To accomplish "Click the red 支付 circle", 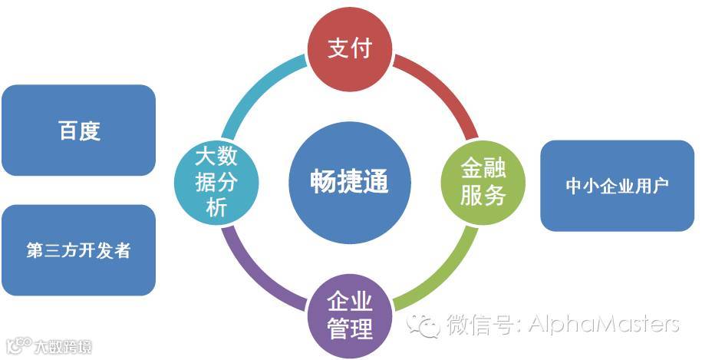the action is tap(350, 48).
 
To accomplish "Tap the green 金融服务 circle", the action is tap(483, 181).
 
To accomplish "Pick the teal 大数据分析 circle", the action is tap(216, 181).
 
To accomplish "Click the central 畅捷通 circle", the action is tap(350, 181).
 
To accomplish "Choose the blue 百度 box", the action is tap(79, 130).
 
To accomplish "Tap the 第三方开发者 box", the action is tap(79, 250).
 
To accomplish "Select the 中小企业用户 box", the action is tap(617, 185).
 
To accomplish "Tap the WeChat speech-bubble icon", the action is tap(424, 325).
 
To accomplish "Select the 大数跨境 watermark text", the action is tap(63, 347).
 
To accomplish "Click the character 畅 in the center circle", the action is tap(321, 182).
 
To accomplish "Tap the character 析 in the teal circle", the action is tap(216, 206).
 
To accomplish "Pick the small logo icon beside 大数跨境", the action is tap(18, 345).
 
